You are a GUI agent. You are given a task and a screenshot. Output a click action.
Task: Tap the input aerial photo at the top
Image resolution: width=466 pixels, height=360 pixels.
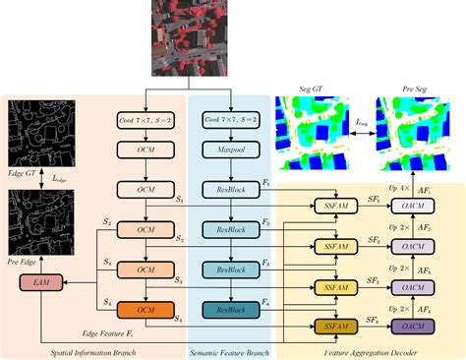[x=189, y=36]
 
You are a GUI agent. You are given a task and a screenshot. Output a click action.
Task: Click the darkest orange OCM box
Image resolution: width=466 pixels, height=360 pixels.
[x=146, y=311]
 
